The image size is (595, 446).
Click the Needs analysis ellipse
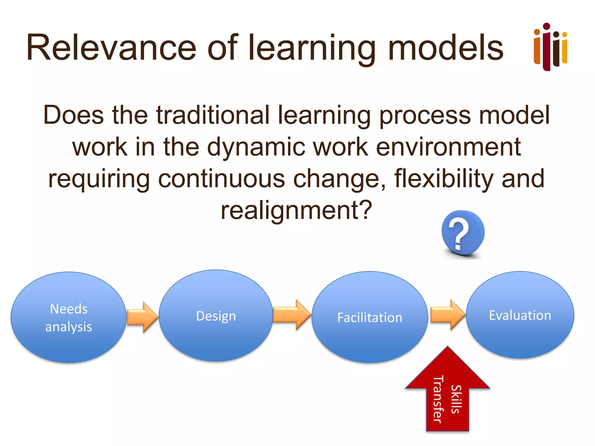69,317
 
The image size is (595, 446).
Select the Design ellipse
216,316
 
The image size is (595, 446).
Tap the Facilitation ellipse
370,317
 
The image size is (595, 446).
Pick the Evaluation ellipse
520,315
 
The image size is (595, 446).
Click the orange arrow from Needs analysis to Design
142,317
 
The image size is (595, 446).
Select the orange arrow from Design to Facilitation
291,315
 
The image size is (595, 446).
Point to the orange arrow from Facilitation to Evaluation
447,315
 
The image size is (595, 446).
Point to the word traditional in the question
213,115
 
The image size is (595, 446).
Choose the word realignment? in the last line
296,211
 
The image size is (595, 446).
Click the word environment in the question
448,147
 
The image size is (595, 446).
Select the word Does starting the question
74,115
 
